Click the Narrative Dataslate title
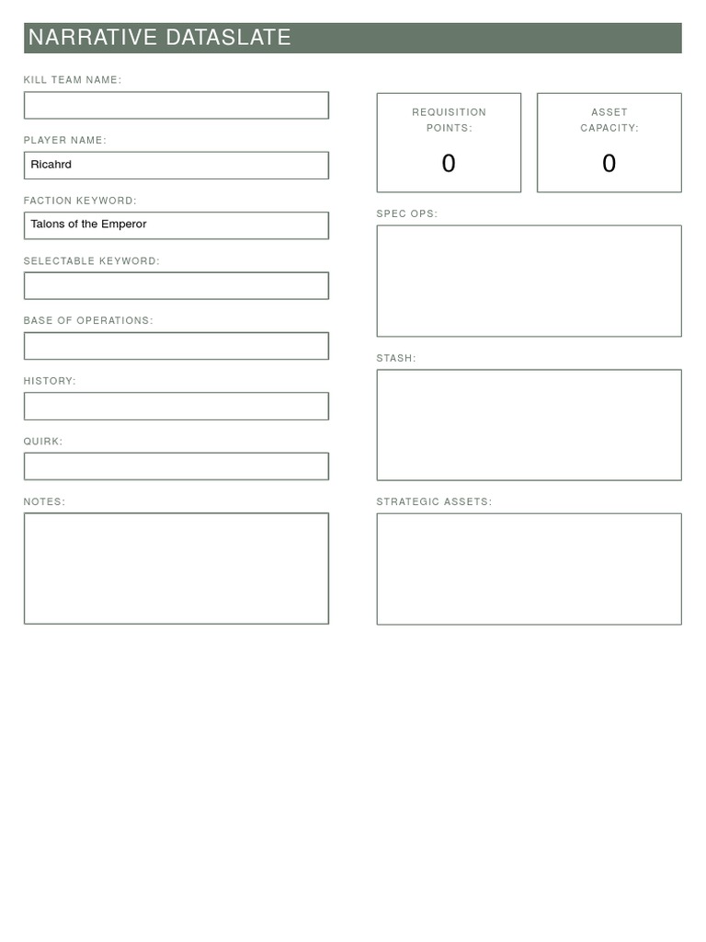pyautogui.click(x=160, y=38)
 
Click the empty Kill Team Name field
pyautogui.click(x=176, y=105)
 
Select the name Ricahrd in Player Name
pyautogui.click(x=51, y=165)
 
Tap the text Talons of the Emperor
pyautogui.click(x=88, y=224)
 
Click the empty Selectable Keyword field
pyautogui.click(x=176, y=285)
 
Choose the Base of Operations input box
pyautogui.click(x=176, y=346)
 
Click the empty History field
pyautogui.click(x=176, y=406)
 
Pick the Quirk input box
pyautogui.click(x=176, y=466)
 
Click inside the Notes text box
pyautogui.click(x=176, y=569)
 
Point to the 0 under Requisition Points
pyautogui.click(x=449, y=164)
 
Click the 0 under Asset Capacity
pyautogui.click(x=609, y=164)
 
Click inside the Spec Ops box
pyautogui.click(x=529, y=281)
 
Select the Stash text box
pyautogui.click(x=529, y=425)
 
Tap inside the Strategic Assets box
pyautogui.click(x=529, y=569)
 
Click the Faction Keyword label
pyautogui.click(x=80, y=201)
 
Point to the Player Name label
pyautogui.click(x=65, y=141)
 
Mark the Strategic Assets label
pyautogui.click(x=434, y=502)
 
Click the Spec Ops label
pyautogui.click(x=407, y=214)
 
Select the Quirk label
pyautogui.click(x=43, y=442)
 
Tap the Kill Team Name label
pyautogui.click(x=73, y=80)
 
